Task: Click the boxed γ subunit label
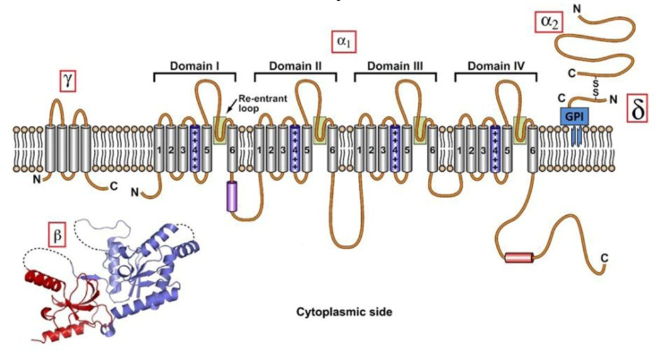[x=67, y=81]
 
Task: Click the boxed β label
[x=58, y=236]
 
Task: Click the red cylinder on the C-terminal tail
[x=518, y=258]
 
